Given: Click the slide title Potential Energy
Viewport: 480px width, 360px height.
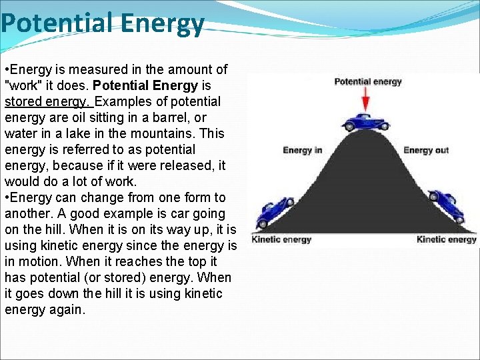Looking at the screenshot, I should [102, 23].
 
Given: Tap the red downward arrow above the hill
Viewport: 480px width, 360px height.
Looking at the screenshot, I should [365, 100].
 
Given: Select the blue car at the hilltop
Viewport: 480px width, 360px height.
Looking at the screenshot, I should [365, 122].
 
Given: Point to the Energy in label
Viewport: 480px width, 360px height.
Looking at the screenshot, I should [302, 150].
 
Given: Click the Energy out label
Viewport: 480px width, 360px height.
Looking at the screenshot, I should [426, 150].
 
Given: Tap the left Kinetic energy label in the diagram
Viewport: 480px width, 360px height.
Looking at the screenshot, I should [281, 239].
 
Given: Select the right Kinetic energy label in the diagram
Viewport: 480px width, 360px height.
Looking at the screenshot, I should [446, 239].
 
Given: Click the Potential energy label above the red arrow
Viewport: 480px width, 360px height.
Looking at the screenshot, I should [367, 82].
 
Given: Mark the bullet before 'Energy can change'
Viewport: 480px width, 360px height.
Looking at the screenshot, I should [7, 197].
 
